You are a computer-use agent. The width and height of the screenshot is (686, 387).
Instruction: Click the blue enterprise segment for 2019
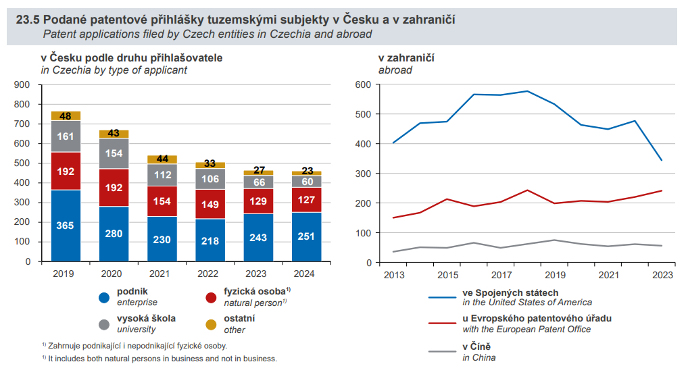[66, 225]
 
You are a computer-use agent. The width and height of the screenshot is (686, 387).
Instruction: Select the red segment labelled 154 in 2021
[162, 201]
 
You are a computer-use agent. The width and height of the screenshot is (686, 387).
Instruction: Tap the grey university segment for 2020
[114, 153]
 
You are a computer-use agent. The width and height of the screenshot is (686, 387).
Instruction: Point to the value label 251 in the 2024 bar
[307, 237]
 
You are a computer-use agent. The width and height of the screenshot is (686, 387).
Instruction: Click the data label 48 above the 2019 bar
[66, 116]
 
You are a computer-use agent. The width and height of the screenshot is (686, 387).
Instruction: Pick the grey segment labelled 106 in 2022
[210, 179]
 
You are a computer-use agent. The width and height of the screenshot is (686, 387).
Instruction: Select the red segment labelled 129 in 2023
[258, 201]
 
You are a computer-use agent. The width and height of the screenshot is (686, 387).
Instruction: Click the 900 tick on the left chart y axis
[22, 84]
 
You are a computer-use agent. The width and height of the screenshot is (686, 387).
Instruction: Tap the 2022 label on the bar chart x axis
[210, 274]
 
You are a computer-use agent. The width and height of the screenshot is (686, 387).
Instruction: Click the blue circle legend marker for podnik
[104, 297]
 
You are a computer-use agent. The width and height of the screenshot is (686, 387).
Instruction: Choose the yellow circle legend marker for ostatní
[211, 324]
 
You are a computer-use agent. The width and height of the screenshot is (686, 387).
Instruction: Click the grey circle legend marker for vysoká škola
[104, 324]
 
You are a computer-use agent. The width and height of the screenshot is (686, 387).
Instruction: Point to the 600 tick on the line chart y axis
[364, 84]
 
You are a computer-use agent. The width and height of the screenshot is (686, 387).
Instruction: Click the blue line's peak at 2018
[527, 91]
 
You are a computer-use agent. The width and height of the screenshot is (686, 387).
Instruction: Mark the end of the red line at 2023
[662, 190]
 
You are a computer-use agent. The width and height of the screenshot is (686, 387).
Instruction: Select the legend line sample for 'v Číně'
[441, 351]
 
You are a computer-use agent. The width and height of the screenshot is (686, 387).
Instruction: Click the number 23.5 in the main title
[28, 20]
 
